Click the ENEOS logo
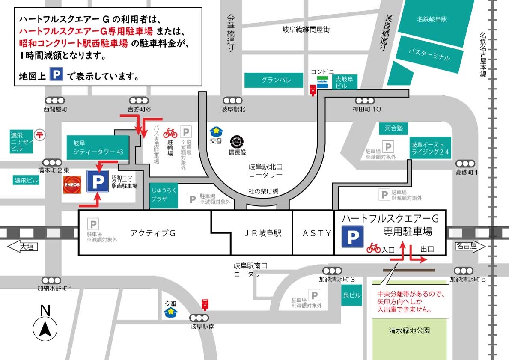[x=72, y=184]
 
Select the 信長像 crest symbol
[x=237, y=141]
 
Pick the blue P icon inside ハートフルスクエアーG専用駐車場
[x=352, y=237]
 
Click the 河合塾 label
[x=393, y=128]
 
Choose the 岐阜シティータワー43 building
[x=98, y=148]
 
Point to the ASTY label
[x=317, y=233]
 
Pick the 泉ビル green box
[x=352, y=296]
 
